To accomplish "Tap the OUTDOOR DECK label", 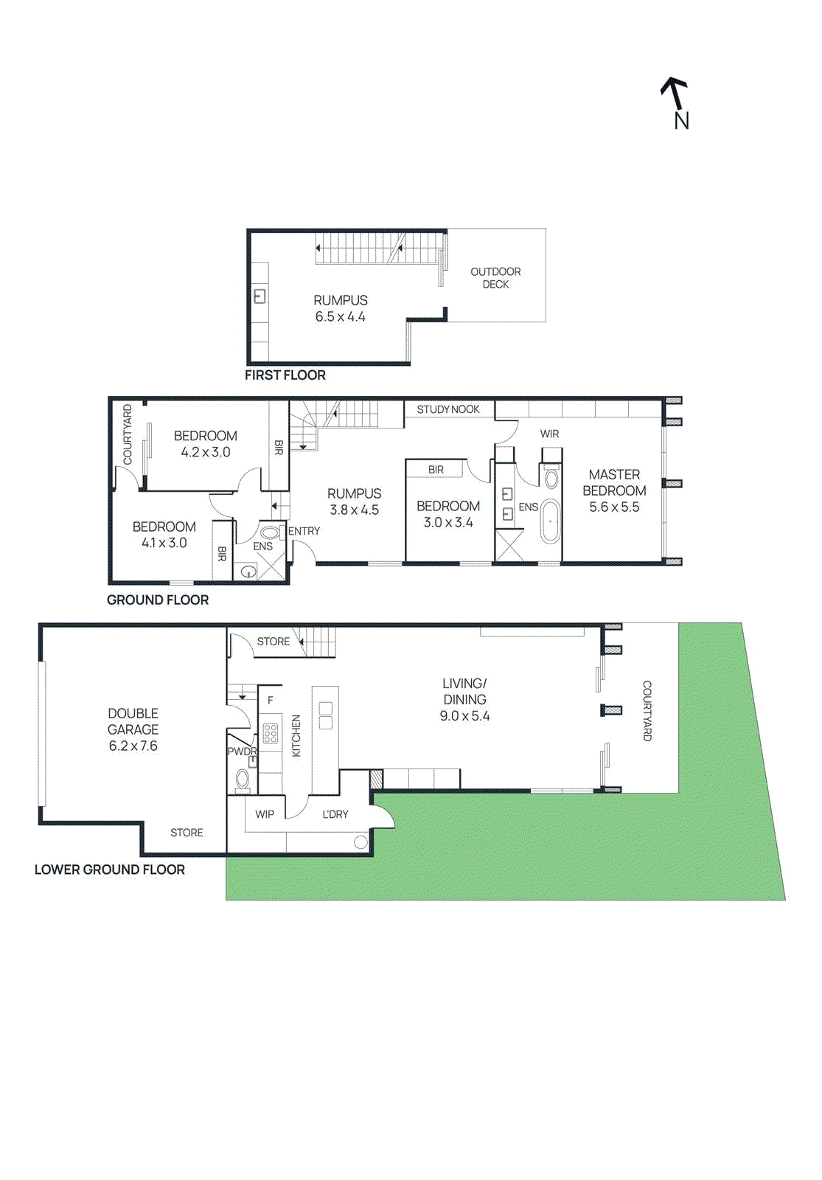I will [x=495, y=278].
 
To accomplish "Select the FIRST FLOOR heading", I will [x=285, y=375].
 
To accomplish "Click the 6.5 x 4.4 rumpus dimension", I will [x=340, y=317].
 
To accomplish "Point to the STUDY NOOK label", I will [x=447, y=409].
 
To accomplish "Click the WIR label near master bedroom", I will [x=549, y=434].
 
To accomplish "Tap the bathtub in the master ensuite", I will [x=550, y=521].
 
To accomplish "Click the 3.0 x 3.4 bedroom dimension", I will [x=447, y=523].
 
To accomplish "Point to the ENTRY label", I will [x=304, y=531].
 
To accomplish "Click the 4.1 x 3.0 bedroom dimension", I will [x=164, y=543].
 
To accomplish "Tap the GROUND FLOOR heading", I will [x=157, y=600].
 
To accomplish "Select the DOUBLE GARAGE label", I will [x=133, y=721].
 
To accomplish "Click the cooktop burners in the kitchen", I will [x=270, y=732].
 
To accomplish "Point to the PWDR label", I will [x=241, y=752].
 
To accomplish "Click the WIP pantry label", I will [x=264, y=814].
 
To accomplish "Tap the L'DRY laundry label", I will [x=335, y=814].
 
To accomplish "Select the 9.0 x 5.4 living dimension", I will [x=464, y=716].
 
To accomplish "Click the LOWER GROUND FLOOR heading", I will [x=109, y=870].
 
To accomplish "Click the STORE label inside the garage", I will [x=187, y=833].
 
